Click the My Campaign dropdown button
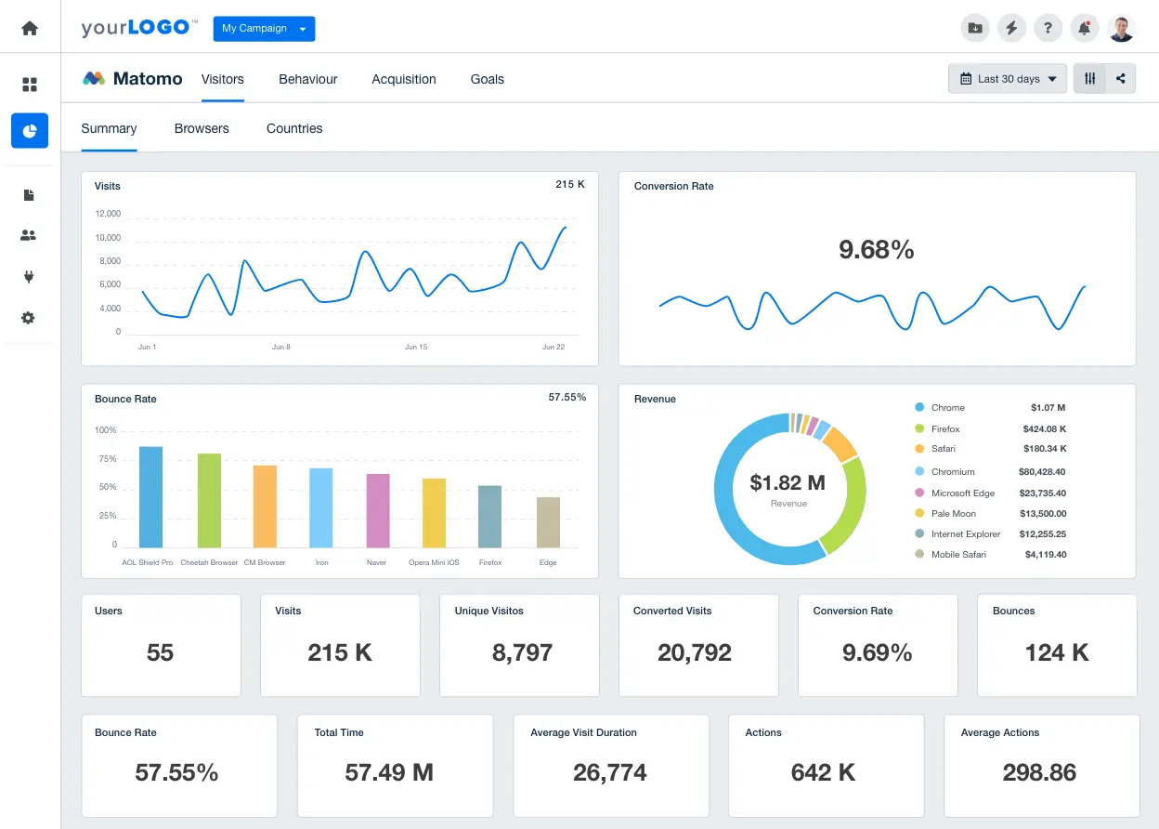click(x=264, y=29)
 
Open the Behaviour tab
click(x=307, y=79)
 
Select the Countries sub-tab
click(x=294, y=128)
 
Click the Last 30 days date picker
click(x=1008, y=79)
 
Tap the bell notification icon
click(x=1084, y=28)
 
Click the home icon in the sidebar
click(x=30, y=28)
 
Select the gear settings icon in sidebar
click(x=29, y=318)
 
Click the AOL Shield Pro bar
click(x=150, y=497)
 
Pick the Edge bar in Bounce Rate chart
click(x=548, y=522)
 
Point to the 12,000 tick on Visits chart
click(x=108, y=214)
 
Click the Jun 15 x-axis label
click(x=416, y=347)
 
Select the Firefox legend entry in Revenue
click(x=945, y=428)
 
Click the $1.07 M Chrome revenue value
click(x=1048, y=408)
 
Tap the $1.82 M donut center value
click(x=788, y=482)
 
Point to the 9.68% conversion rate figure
click(x=876, y=249)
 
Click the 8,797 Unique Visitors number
click(x=522, y=653)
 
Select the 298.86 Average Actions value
click(x=1039, y=772)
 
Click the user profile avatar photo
click(x=1121, y=28)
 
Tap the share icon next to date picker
click(x=1121, y=79)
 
